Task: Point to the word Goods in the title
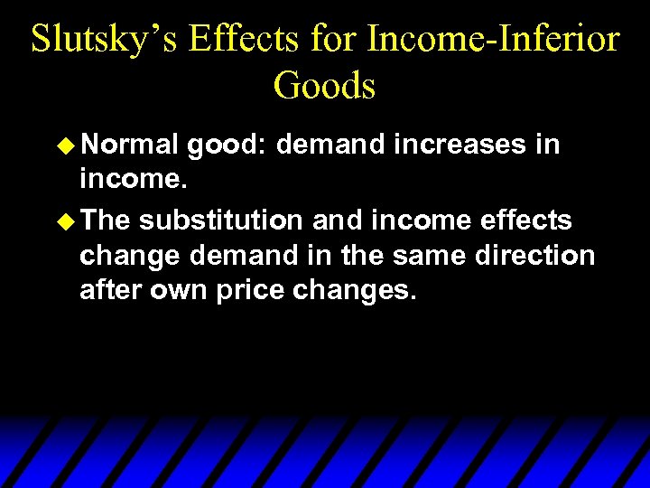point(324,85)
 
